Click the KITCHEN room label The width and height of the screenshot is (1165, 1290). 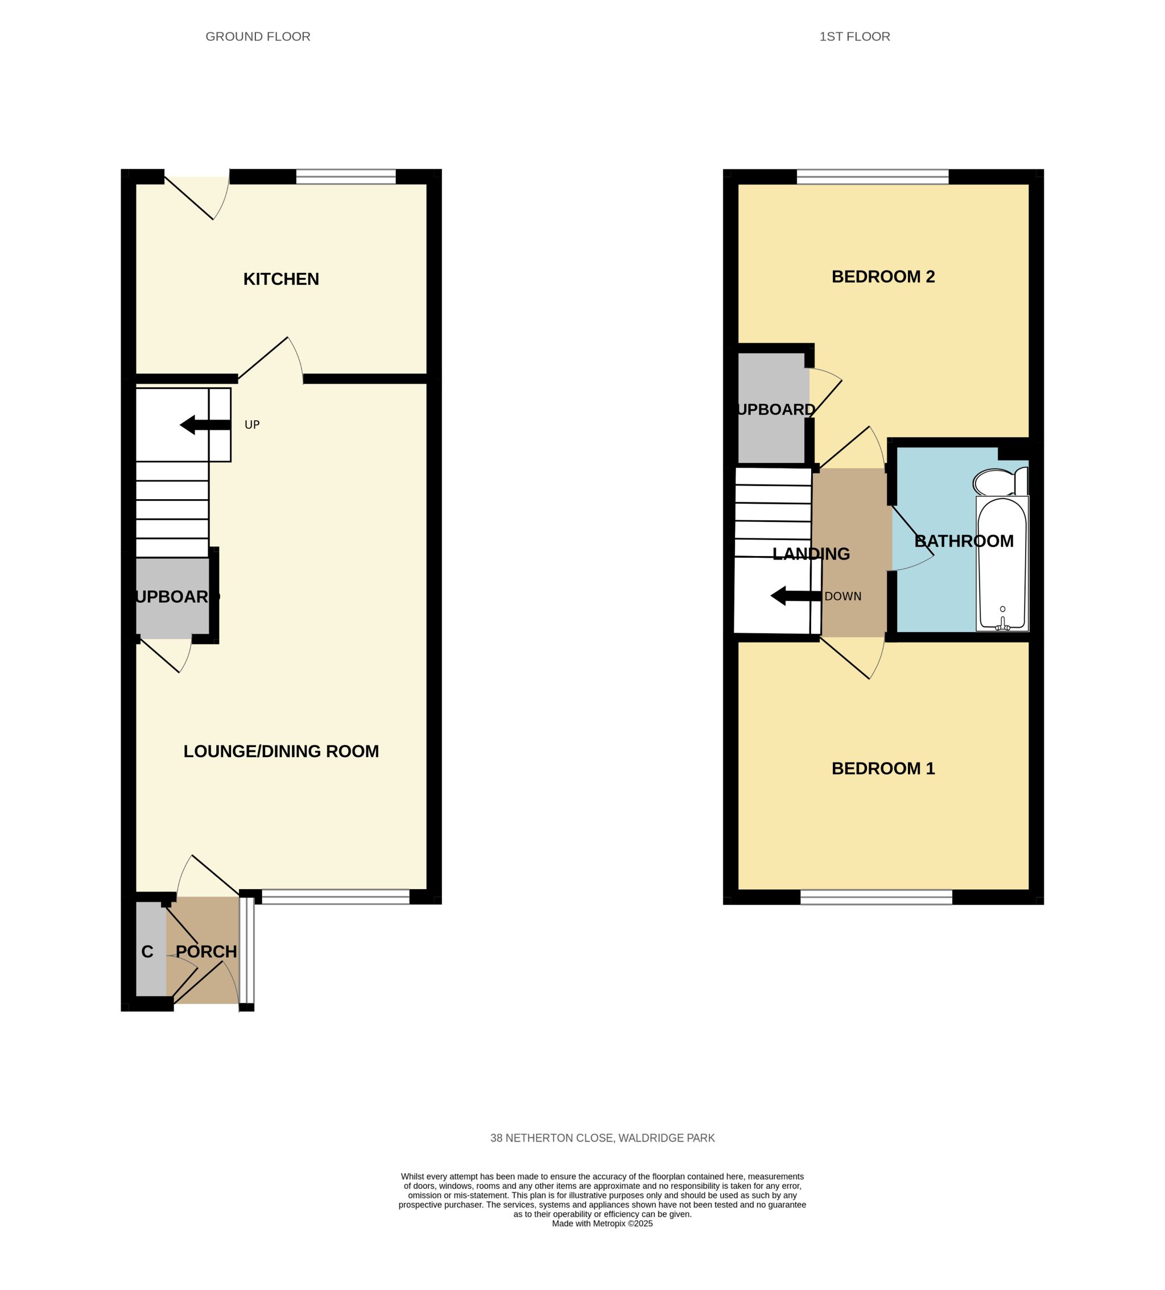pyautogui.click(x=281, y=279)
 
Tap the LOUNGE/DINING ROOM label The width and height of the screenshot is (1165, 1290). pyautogui.click(x=281, y=751)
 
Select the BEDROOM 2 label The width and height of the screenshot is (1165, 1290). pyautogui.click(x=883, y=276)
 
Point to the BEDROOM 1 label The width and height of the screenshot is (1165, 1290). pyautogui.click(x=883, y=769)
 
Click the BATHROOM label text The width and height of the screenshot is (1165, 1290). pyautogui.click(x=964, y=541)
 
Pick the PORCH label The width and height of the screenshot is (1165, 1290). pyautogui.click(x=206, y=952)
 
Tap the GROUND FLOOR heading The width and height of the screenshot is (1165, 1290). pyautogui.click(x=258, y=36)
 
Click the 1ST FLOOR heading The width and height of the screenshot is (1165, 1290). pyautogui.click(x=854, y=36)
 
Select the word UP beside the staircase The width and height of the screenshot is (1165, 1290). pyautogui.click(x=252, y=425)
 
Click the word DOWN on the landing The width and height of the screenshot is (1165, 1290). pyautogui.click(x=842, y=596)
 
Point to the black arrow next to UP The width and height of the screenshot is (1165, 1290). pyautogui.click(x=205, y=425)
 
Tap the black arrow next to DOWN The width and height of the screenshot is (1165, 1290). pyautogui.click(x=796, y=596)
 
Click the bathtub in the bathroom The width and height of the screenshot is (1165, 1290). pyautogui.click(x=1002, y=563)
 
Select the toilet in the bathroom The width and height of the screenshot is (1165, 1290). pyautogui.click(x=999, y=481)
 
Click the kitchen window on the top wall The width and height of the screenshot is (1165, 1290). pyautogui.click(x=346, y=177)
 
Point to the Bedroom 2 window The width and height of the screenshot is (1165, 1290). pyautogui.click(x=872, y=177)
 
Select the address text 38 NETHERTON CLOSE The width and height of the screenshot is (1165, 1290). pyautogui.click(x=552, y=1138)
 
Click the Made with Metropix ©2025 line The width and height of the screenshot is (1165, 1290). pyautogui.click(x=602, y=1223)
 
